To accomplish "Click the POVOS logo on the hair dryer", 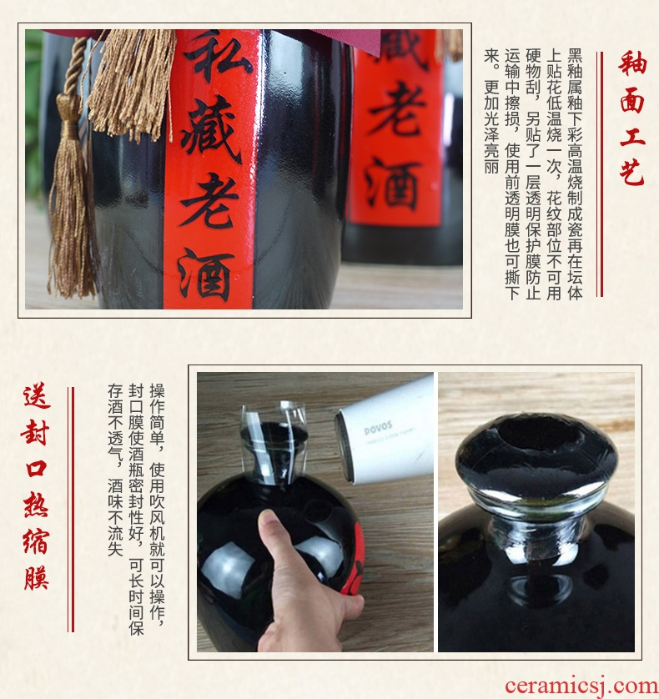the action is click(x=378, y=428).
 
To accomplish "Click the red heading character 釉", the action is click(x=632, y=63).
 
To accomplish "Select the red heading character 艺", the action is click(x=632, y=172).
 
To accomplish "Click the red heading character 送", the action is click(x=37, y=396).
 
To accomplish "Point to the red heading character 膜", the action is click(x=37, y=576).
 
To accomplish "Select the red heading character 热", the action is click(x=37, y=504).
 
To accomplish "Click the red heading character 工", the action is click(x=632, y=136).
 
